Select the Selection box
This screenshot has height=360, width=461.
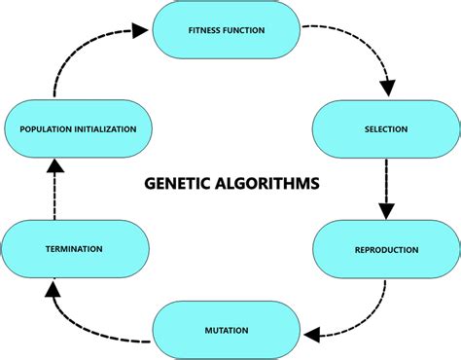click(x=386, y=128)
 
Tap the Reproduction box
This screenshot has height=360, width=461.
click(x=386, y=249)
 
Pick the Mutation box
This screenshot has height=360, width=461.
click(x=226, y=330)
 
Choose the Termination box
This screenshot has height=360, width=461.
click(x=74, y=249)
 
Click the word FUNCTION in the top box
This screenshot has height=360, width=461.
click(x=250, y=30)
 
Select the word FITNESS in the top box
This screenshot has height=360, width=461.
click(x=205, y=30)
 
